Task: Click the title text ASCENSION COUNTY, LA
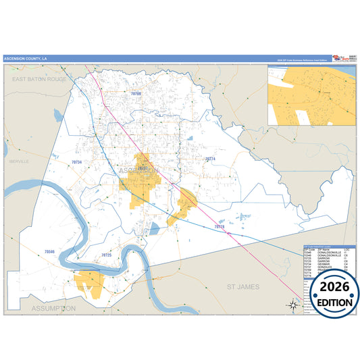pos(26,59)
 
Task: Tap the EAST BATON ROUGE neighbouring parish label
pos(38,79)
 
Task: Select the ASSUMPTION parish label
pos(53,307)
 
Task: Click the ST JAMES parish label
pos(242,287)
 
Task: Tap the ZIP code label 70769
pos(136,93)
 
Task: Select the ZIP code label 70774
pos(210,159)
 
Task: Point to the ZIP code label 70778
pos(217,227)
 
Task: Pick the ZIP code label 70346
pos(49,251)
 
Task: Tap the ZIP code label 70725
pos(106,255)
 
